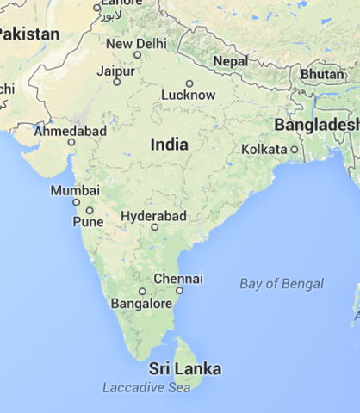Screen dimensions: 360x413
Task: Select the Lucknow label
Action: click(x=189, y=95)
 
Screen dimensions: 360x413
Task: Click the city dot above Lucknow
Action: click(x=189, y=83)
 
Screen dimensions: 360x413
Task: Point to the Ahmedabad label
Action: click(x=70, y=131)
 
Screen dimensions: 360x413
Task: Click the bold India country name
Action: click(x=169, y=145)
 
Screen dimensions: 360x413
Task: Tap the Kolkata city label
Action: click(x=264, y=149)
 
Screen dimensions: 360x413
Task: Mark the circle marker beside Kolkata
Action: click(x=294, y=149)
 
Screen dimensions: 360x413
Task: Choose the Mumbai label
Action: click(x=75, y=190)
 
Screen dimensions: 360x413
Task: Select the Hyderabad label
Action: click(x=154, y=215)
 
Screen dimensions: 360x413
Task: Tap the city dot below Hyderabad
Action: click(x=155, y=227)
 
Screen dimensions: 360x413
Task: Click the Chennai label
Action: click(x=178, y=279)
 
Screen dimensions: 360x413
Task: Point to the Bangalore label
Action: click(x=142, y=304)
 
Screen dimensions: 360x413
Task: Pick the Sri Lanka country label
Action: click(x=184, y=369)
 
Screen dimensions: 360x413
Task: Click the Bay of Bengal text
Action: click(x=282, y=284)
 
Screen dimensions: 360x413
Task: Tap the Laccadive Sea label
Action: click(x=146, y=388)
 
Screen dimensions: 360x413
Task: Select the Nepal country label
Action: click(x=231, y=62)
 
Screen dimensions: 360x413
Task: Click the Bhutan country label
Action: click(x=321, y=74)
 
